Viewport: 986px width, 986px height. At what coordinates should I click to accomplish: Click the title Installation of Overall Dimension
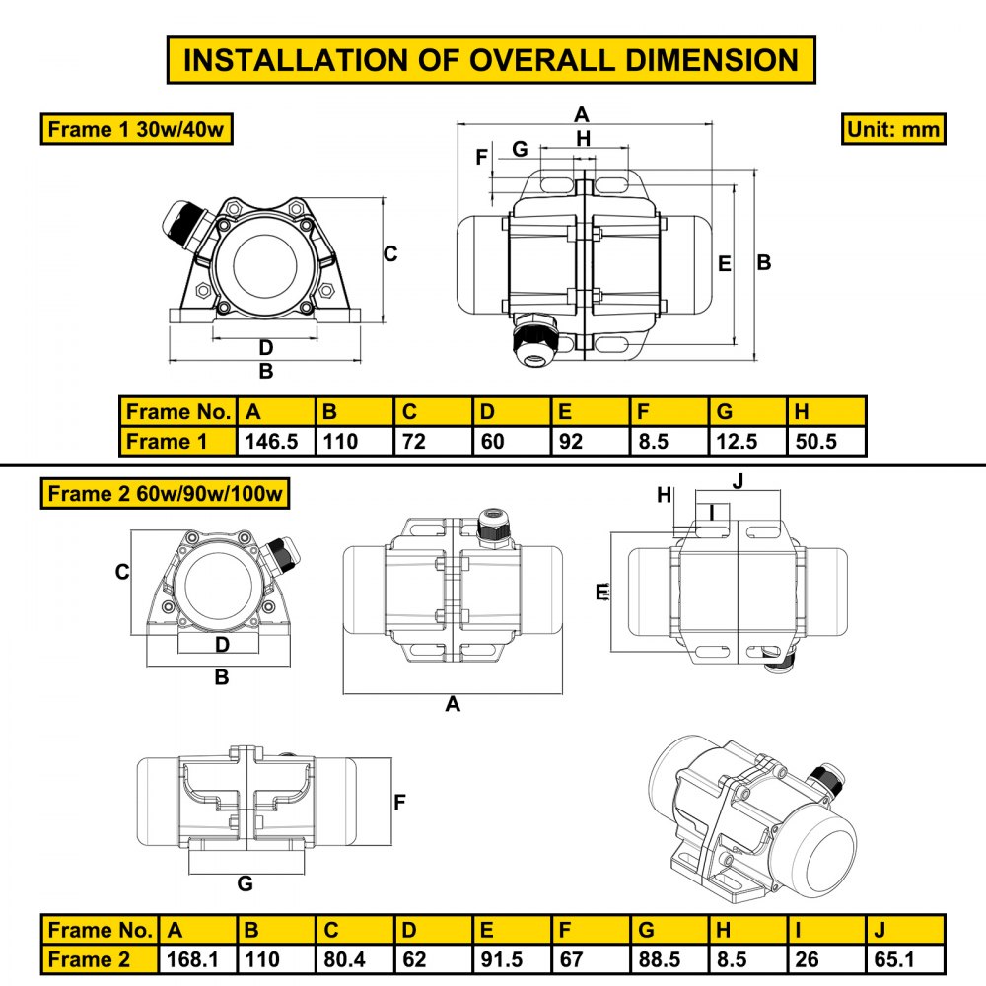pyautogui.click(x=491, y=59)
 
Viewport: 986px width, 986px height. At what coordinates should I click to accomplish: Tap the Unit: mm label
pyautogui.click(x=893, y=129)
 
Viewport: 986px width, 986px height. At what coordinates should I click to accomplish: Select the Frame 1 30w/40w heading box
pyautogui.click(x=137, y=129)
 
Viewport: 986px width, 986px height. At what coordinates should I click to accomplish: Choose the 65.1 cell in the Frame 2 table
pyautogui.click(x=905, y=958)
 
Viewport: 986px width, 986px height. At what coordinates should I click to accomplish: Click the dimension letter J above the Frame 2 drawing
pyautogui.click(x=738, y=480)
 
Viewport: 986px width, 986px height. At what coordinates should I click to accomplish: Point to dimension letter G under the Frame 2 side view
pyautogui.click(x=246, y=883)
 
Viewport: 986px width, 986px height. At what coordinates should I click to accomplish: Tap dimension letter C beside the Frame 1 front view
pyautogui.click(x=390, y=254)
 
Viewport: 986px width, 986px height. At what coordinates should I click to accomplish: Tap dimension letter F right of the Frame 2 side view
pyautogui.click(x=399, y=803)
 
